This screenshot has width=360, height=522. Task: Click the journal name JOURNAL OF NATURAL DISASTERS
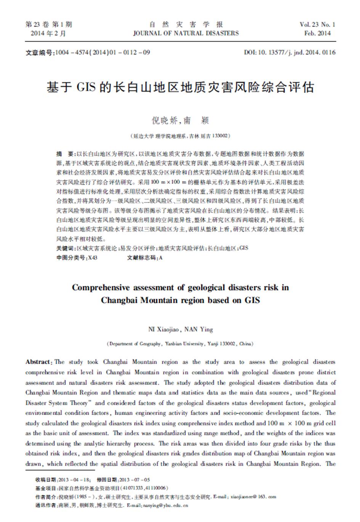click(x=186, y=34)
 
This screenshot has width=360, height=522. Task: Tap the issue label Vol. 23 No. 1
click(x=317, y=25)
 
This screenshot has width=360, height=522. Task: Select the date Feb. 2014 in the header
click(x=317, y=34)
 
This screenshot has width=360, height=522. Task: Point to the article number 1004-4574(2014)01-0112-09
click(x=103, y=53)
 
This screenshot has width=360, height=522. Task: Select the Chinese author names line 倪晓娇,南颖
click(x=180, y=121)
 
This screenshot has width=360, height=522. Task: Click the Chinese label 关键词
click(x=66, y=248)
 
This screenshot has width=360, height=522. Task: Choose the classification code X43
click(x=93, y=258)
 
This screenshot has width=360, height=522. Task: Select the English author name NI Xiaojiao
click(x=164, y=329)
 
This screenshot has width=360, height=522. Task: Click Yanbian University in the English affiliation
click(x=184, y=344)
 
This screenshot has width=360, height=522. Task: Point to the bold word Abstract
click(x=38, y=362)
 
